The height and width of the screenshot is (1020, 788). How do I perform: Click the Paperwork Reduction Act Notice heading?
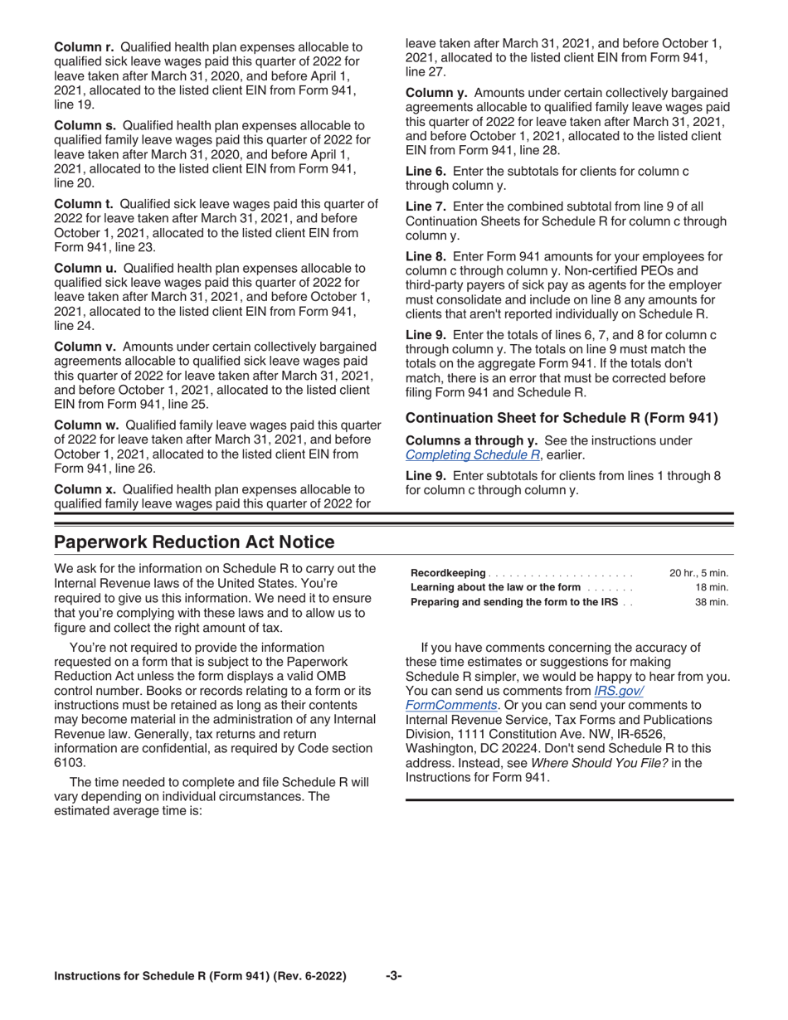194,542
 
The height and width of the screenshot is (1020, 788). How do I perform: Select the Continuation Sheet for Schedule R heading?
562,418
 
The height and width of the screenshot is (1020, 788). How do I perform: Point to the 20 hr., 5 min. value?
698,573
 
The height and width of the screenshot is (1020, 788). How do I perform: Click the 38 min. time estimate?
711,602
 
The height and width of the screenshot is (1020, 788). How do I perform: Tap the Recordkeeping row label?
448,573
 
